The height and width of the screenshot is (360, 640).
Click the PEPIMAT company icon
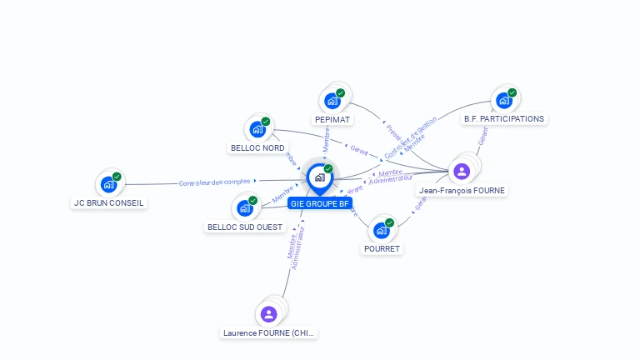[x=333, y=101]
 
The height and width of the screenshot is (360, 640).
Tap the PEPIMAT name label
[x=333, y=119]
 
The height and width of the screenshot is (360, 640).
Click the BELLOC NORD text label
[x=257, y=148]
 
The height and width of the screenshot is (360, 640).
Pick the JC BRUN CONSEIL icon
[x=108, y=184]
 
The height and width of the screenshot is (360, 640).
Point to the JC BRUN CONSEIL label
[x=109, y=202]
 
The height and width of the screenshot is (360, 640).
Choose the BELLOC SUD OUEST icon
[x=246, y=207]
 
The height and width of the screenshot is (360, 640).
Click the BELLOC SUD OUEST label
[x=245, y=227]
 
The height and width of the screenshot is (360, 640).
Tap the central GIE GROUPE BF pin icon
[x=319, y=177]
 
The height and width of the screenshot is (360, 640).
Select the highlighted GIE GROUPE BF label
[x=319, y=203]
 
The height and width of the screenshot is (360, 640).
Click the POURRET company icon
[x=382, y=230]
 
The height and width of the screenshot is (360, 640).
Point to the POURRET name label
[x=382, y=248]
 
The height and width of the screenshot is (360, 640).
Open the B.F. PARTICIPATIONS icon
[x=504, y=100]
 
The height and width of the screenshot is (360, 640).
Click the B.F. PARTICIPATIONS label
[x=504, y=119]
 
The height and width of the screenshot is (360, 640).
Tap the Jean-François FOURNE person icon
[x=462, y=172]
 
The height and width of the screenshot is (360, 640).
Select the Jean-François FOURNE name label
[x=462, y=190]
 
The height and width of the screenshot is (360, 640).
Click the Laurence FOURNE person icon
[x=268, y=314]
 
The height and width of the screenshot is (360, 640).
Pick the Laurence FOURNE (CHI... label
[x=269, y=332]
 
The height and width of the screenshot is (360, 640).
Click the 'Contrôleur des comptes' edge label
[x=215, y=182]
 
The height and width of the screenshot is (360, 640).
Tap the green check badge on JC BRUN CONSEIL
[x=117, y=177]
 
